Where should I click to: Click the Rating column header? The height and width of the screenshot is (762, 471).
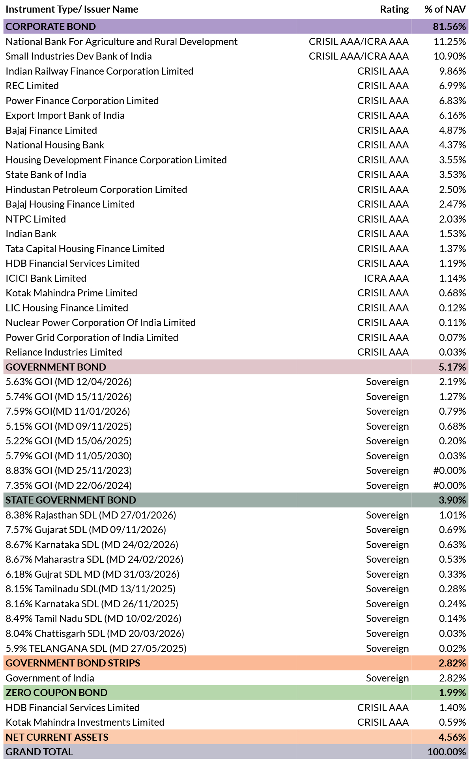tap(394, 9)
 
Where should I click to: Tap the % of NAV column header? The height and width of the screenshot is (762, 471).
tap(445, 9)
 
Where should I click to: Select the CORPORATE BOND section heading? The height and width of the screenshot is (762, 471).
tap(50, 26)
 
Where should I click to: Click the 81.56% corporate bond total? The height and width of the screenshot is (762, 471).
tap(449, 26)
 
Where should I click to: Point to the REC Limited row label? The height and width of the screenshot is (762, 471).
tap(32, 86)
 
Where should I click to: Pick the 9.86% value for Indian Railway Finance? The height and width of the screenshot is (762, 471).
tap(452, 71)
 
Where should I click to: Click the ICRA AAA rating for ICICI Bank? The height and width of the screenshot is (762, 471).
tap(386, 278)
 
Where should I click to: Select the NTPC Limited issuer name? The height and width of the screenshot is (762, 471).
tap(36, 219)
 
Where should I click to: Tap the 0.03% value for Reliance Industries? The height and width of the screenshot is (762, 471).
tap(452, 352)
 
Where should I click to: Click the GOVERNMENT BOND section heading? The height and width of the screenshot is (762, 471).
tap(56, 367)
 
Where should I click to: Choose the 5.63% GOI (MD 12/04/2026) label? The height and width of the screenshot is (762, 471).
tap(69, 382)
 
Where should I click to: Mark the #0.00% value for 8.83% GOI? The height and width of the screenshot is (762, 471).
tap(449, 470)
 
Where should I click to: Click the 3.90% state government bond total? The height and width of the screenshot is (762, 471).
tap(452, 500)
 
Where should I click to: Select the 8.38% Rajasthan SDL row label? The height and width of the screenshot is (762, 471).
tap(91, 515)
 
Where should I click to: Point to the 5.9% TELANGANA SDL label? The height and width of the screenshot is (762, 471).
tap(96, 648)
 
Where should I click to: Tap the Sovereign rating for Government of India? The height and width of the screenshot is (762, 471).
tap(387, 678)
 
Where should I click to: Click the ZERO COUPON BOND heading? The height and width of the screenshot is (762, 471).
tap(56, 693)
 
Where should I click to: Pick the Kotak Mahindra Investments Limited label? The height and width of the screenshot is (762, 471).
tap(85, 722)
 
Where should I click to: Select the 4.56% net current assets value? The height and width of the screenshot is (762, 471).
tap(452, 737)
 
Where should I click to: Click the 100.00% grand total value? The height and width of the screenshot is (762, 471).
tap(447, 752)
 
